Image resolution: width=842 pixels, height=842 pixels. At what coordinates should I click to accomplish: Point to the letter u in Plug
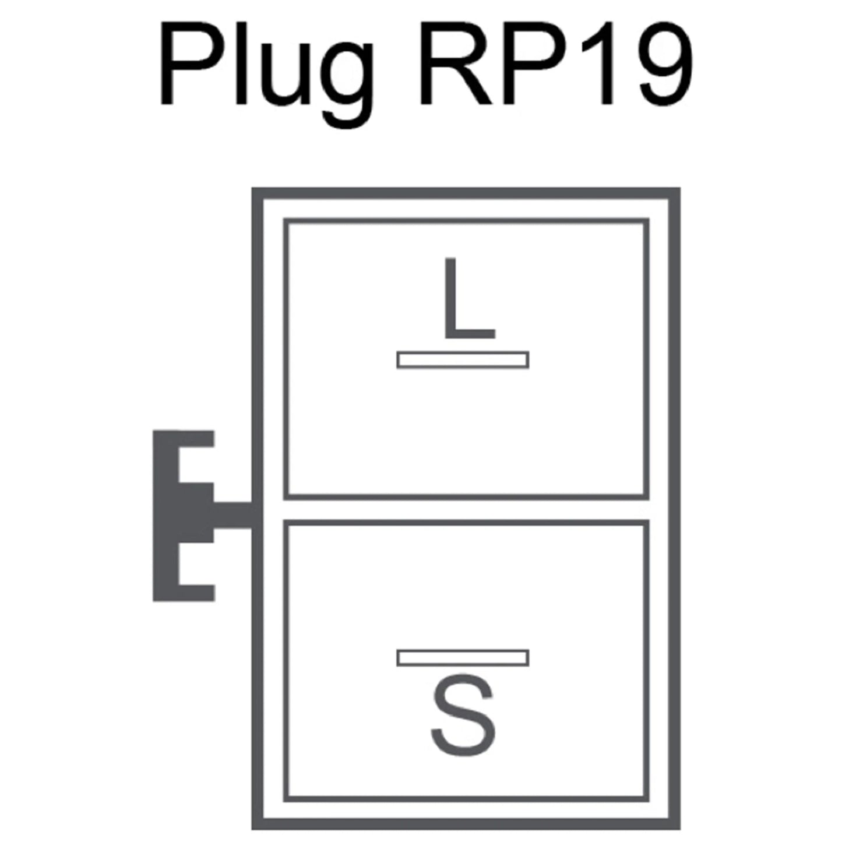pyautogui.click(x=286, y=75)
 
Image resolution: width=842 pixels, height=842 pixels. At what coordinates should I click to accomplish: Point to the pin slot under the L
pyautogui.click(x=463, y=360)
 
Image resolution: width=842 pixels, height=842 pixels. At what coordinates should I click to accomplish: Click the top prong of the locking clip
pyautogui.click(x=196, y=439)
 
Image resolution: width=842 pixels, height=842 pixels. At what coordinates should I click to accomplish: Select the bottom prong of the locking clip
pyautogui.click(x=196, y=593)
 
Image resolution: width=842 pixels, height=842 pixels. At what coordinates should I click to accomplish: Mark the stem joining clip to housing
pyautogui.click(x=232, y=515)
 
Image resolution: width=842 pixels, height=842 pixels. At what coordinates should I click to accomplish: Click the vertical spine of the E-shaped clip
pyautogui.click(x=165, y=516)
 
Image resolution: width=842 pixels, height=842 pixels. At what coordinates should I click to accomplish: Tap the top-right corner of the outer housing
pyautogui.click(x=680, y=188)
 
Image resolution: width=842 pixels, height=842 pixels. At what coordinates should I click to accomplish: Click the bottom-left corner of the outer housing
pyautogui.click(x=252, y=829)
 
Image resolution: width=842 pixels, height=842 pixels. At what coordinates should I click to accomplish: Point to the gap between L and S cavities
pyautogui.click(x=466, y=509)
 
